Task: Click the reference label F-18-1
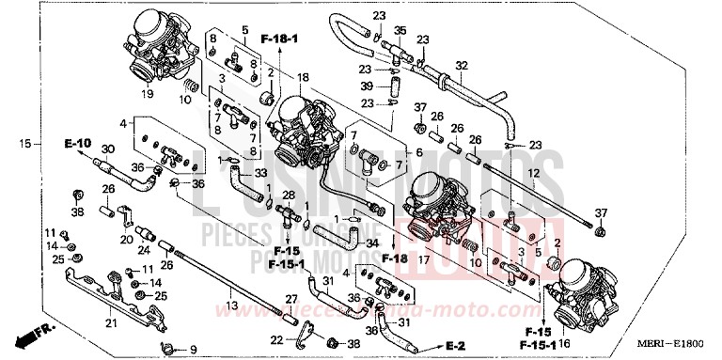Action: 279,39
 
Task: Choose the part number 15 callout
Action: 25,144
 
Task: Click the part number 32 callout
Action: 462,65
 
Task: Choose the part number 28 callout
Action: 290,196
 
